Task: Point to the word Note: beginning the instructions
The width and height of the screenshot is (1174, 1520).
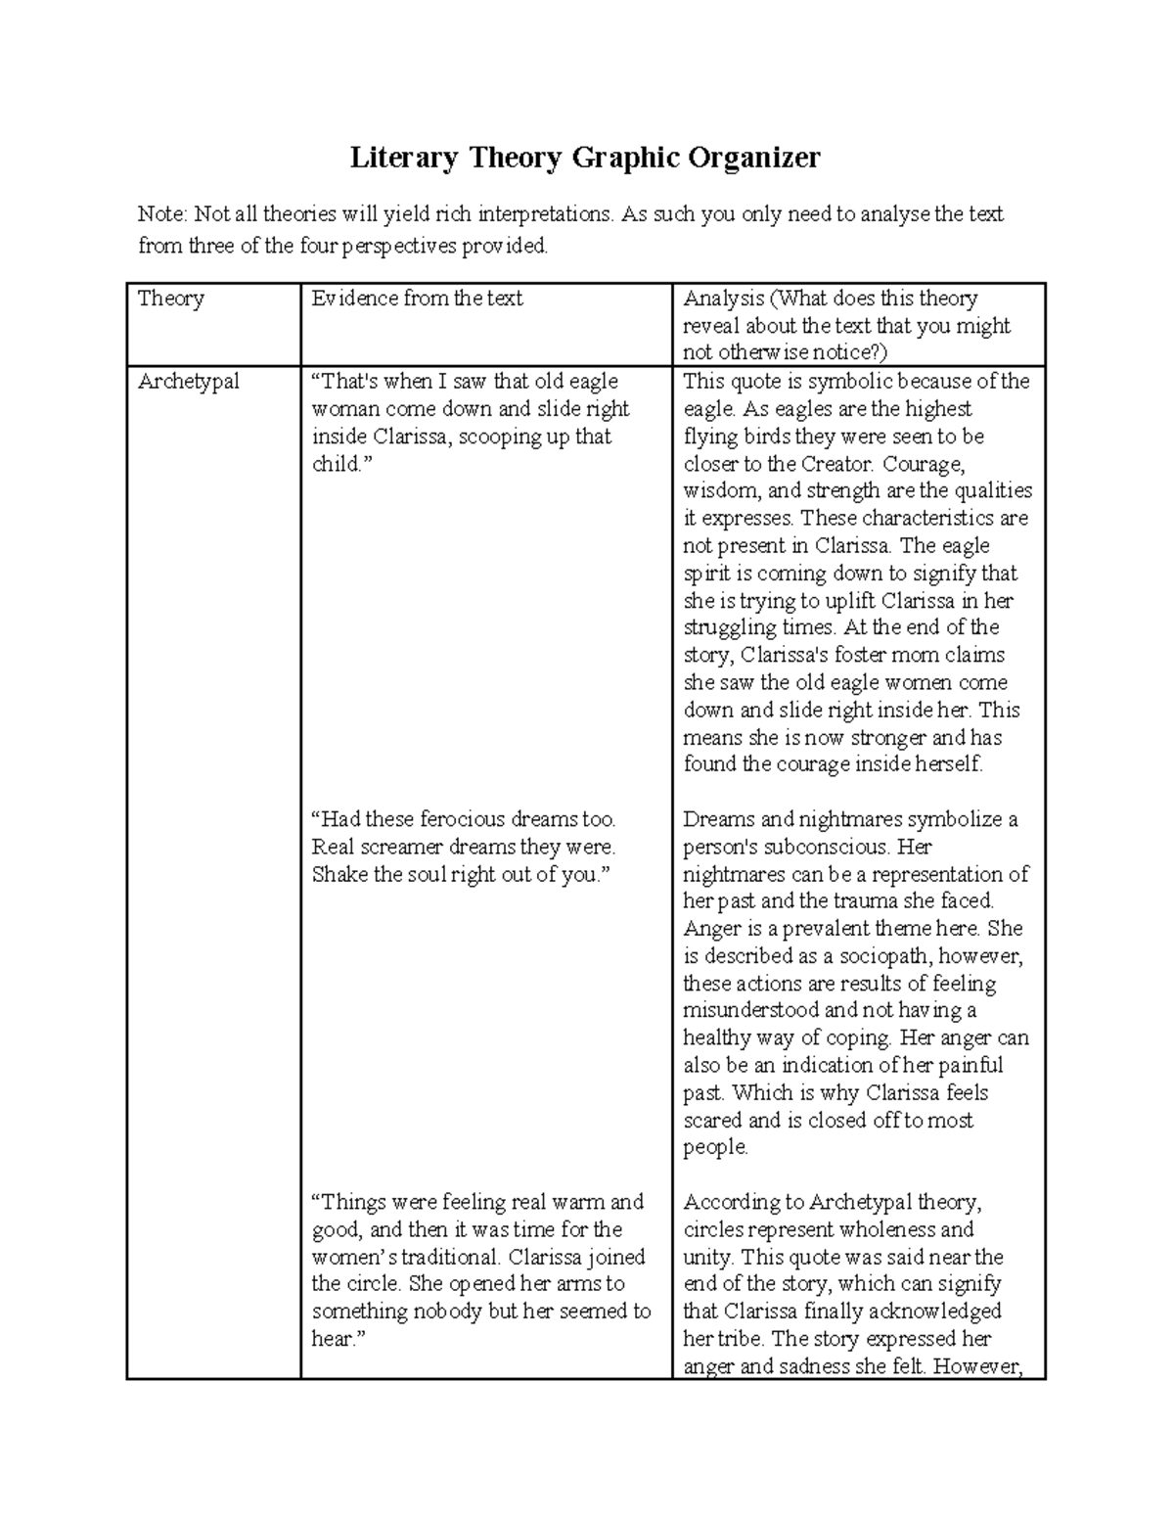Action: tap(162, 214)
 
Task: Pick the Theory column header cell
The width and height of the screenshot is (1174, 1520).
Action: tap(171, 299)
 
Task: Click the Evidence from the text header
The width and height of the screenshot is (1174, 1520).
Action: tap(417, 299)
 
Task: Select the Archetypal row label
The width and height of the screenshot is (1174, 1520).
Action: tap(188, 382)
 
